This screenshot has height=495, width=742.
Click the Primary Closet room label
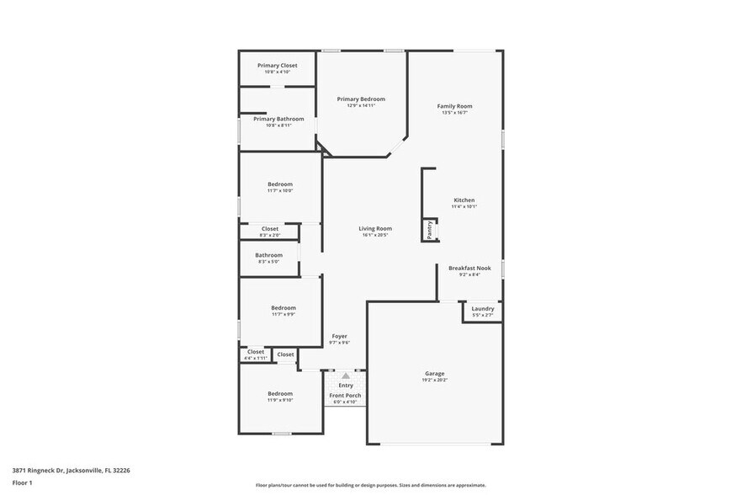tap(277, 66)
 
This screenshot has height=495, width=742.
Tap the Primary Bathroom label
tap(278, 119)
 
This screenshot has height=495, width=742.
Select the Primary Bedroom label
tap(361, 99)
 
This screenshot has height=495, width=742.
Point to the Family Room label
tap(454, 106)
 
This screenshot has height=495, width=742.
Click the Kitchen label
tap(464, 200)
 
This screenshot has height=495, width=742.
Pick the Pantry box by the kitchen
tap(430, 229)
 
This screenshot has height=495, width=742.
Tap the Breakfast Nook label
tap(469, 268)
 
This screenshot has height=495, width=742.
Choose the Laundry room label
tap(482, 309)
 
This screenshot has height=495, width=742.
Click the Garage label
tap(434, 374)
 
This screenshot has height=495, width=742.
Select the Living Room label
tap(375, 228)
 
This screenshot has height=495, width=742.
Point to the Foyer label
tap(339, 336)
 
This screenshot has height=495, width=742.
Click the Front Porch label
tap(345, 396)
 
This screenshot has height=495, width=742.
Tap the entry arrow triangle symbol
tap(345, 375)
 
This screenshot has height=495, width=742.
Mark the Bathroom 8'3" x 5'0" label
tap(268, 255)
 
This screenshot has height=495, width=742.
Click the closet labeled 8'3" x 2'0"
tap(269, 229)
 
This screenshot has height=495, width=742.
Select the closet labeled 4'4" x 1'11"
tap(255, 352)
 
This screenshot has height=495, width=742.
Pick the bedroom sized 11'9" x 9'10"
tap(280, 394)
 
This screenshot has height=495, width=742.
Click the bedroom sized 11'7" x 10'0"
tap(280, 184)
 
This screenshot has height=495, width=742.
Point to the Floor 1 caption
tap(22, 482)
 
